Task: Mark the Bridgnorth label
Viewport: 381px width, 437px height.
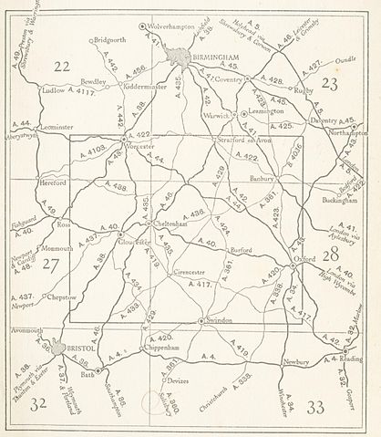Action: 110,41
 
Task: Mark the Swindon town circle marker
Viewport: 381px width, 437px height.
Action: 201,322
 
